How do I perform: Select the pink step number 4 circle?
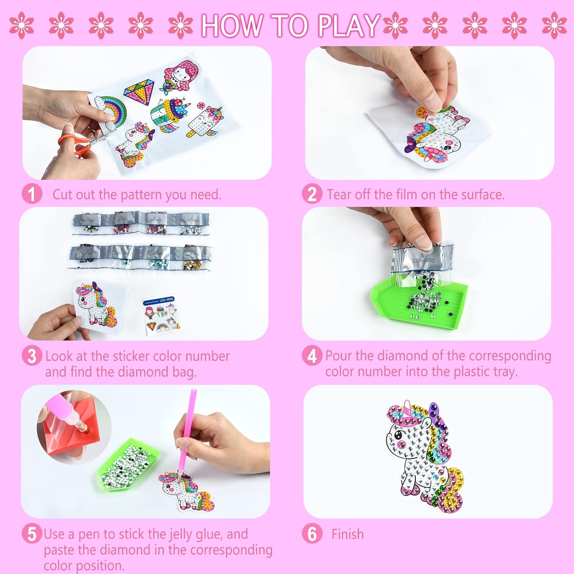tap(312, 355)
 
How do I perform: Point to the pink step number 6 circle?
tap(312, 533)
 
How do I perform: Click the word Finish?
tap(347, 534)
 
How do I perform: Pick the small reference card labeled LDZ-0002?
tap(161, 315)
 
